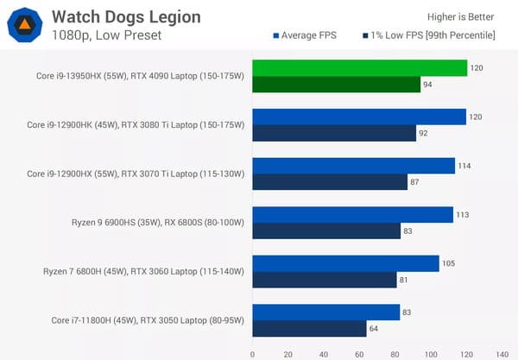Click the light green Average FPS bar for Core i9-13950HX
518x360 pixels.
359,67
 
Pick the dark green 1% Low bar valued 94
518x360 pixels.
336,85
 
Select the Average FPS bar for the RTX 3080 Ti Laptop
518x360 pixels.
359,117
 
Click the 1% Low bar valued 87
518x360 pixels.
330,182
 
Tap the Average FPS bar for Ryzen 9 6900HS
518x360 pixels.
352,215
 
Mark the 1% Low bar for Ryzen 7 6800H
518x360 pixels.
324,280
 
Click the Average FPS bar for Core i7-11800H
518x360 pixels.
325,313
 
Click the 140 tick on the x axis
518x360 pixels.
502,352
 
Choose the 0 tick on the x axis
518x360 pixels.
252,352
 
